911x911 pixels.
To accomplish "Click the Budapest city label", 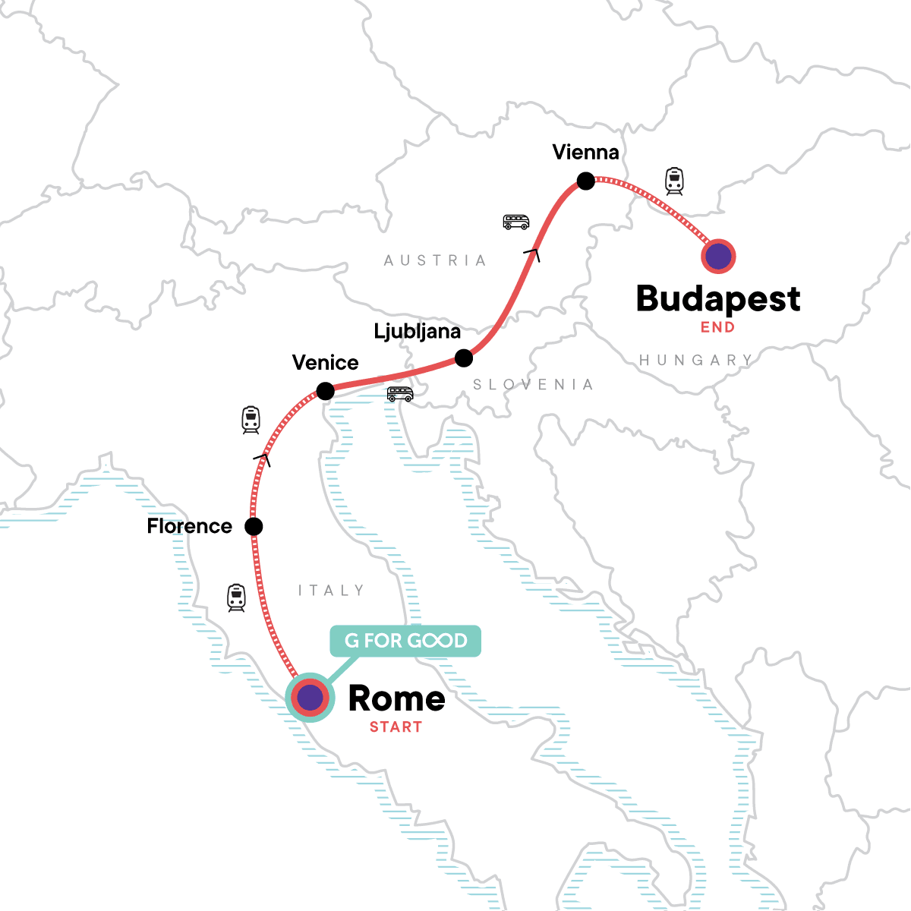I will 717,299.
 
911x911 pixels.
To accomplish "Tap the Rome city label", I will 396,698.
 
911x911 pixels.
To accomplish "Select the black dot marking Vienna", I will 585,181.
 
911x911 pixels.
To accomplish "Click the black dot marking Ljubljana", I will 464,358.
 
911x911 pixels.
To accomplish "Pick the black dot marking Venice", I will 325,392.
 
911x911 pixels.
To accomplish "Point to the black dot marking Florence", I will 254,526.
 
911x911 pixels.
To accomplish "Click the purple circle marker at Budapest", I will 718,257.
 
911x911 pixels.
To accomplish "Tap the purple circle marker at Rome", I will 310,698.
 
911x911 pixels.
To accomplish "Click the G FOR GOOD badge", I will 405,641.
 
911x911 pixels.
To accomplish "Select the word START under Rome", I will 396,727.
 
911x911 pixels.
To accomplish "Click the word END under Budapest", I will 717,328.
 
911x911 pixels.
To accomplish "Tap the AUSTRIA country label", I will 435,260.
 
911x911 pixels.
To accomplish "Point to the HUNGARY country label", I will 695,360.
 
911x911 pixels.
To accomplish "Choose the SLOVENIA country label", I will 533,385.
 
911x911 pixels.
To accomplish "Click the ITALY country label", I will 331,591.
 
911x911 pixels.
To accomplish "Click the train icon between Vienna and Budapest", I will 674,181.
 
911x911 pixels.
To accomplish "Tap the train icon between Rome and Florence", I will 237,598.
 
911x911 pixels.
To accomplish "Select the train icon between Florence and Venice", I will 251,420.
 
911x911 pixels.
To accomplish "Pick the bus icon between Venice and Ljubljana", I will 400,394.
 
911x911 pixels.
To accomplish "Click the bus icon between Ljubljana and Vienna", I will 516,222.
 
